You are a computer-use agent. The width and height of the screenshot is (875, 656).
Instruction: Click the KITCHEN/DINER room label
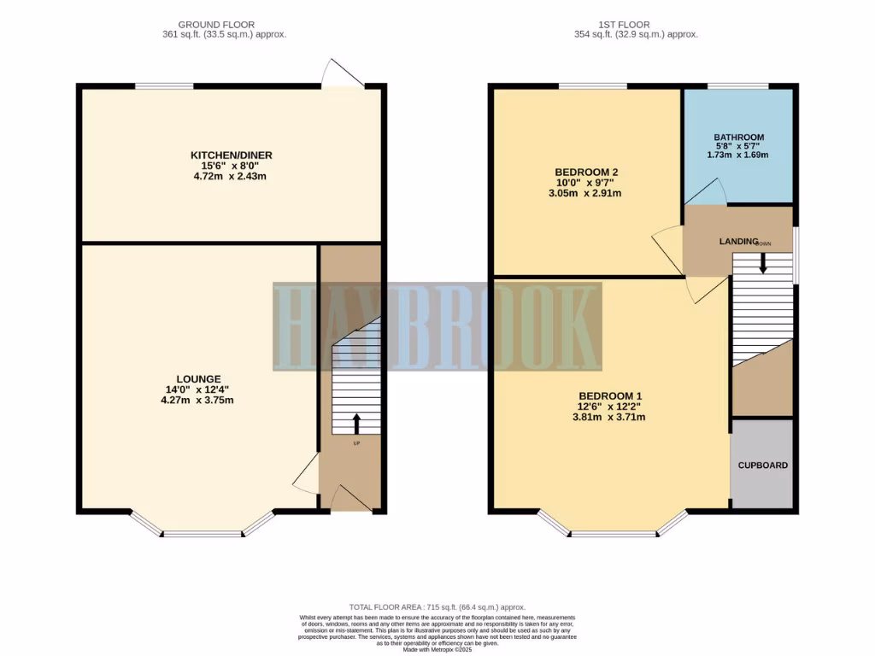click(x=232, y=155)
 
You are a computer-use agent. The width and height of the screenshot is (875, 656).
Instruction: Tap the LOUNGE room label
click(x=199, y=378)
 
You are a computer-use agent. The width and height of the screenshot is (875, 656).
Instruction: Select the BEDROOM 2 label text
click(x=586, y=172)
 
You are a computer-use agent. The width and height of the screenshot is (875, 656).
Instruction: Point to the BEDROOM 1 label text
click(x=610, y=395)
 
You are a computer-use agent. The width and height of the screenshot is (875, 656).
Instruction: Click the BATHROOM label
click(x=739, y=137)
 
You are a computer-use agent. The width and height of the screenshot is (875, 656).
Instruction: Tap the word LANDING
click(x=738, y=242)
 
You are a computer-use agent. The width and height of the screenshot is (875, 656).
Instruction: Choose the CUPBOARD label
click(x=763, y=466)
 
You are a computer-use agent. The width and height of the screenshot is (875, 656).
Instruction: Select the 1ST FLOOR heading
click(x=636, y=24)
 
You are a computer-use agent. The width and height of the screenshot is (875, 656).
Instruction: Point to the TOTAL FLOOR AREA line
click(x=437, y=606)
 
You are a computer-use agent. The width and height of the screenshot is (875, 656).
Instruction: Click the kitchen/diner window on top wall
click(x=164, y=85)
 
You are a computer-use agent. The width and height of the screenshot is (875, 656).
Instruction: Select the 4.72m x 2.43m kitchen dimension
click(x=232, y=177)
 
